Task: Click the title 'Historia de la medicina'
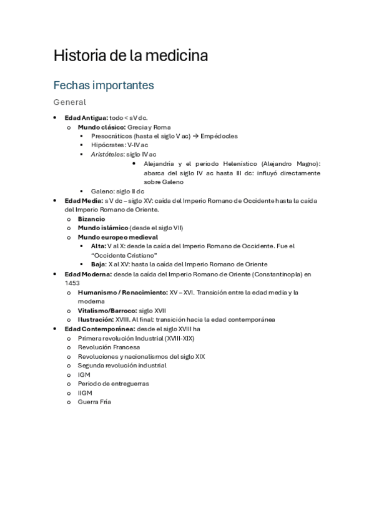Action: point(130,56)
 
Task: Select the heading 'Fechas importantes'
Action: point(103,84)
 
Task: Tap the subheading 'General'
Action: point(69,102)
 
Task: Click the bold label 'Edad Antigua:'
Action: point(86,118)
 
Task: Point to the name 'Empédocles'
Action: point(219,136)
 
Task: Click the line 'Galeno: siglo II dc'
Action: point(117,191)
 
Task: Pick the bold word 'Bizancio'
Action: point(91,219)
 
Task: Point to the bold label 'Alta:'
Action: point(98,246)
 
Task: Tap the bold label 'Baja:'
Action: point(99,264)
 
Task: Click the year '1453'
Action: point(72,283)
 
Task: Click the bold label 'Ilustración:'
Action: point(96,319)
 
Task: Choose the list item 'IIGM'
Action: point(84,393)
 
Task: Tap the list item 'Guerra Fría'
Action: point(94,402)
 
